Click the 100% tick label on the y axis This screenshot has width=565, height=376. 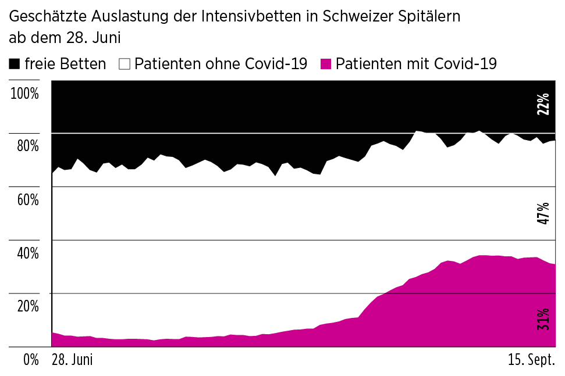(24, 93)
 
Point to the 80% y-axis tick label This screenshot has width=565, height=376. (27, 146)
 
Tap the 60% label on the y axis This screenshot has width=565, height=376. (27, 199)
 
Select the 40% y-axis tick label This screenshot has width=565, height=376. (27, 253)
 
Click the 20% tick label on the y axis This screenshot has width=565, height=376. (27, 306)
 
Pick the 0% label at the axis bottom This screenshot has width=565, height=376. (31, 360)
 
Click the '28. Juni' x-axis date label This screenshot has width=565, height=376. (72, 360)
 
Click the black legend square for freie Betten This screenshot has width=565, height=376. (15, 64)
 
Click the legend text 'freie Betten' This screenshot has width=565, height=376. (65, 64)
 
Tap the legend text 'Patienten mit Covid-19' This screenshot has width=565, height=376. (416, 64)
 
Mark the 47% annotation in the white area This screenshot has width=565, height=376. (543, 213)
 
